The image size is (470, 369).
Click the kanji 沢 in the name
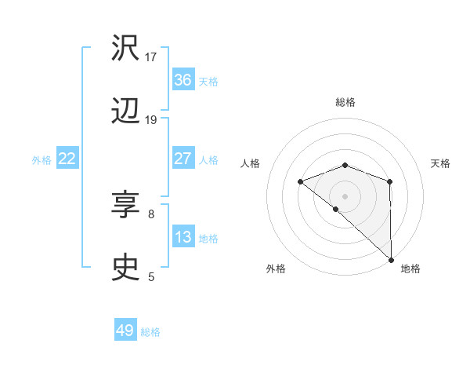[126, 49]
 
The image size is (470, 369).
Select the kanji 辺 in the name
[126, 112]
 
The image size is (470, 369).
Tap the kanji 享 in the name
[126, 206]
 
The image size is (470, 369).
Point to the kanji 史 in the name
[126, 269]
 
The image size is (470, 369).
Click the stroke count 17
[151, 57]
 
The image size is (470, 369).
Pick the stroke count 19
[151, 119]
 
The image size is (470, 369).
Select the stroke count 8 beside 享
[151, 213]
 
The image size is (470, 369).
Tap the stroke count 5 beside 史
[151, 276]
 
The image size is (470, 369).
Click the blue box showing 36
[183, 80]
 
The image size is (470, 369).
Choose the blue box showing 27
[183, 159]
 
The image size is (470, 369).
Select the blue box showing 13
[183, 237]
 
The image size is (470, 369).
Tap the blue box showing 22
[67, 159]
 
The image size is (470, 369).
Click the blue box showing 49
[125, 331]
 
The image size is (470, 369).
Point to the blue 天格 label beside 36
[208, 82]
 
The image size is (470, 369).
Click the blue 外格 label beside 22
[42, 160]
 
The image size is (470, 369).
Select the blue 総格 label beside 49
[150, 332]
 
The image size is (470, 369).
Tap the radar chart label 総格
[345, 102]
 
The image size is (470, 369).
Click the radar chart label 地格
[410, 269]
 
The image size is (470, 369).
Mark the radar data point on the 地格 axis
[391, 258]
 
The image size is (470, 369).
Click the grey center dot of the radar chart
[345, 195]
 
